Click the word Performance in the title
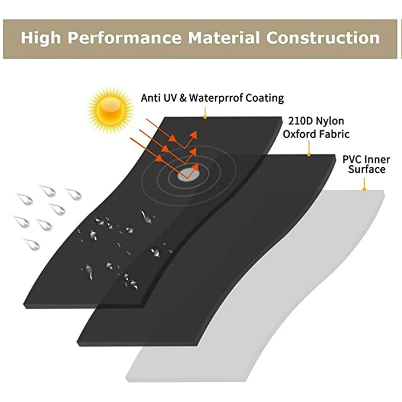pyautogui.click(x=124, y=38)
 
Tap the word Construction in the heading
pyautogui.click(x=323, y=38)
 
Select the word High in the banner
pyautogui.click(x=41, y=38)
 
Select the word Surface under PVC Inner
pyautogui.click(x=367, y=169)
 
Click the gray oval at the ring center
pyautogui.click(x=188, y=174)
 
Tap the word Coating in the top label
pyautogui.click(x=264, y=98)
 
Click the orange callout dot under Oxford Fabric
pyautogui.click(x=308, y=155)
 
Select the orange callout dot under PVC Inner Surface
pyautogui.click(x=364, y=189)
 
